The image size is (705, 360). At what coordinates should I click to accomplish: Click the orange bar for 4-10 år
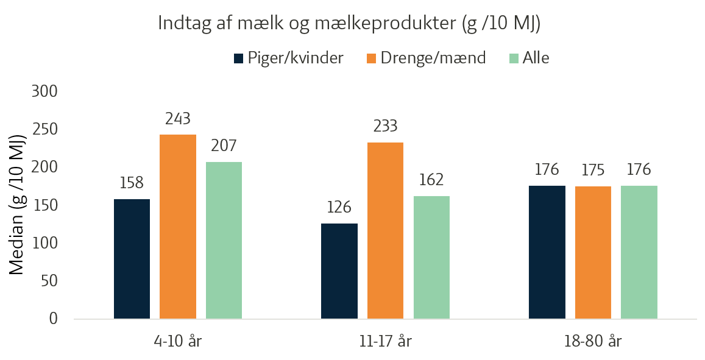pos(178,227)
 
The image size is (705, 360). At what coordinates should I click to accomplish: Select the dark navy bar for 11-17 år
pos(339,271)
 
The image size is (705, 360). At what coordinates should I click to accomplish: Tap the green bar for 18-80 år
pos(639,252)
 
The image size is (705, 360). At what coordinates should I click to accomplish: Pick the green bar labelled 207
pos(224,240)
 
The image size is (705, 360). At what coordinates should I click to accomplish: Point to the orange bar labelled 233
pos(385,231)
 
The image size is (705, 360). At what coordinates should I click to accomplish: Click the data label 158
pos(132,183)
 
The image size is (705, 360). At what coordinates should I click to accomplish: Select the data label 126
pos(339,207)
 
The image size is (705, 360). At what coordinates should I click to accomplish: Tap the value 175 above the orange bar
pos(593,171)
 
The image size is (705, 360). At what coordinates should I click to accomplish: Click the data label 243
pos(178,119)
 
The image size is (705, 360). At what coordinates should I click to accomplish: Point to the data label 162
pos(431,180)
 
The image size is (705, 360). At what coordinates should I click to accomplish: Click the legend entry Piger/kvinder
pos(289,58)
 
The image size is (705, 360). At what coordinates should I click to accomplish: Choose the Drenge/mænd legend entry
pos(427,58)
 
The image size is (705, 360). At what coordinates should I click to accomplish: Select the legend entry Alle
pos(529,58)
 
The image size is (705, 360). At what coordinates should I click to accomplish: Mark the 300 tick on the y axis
pos(44,92)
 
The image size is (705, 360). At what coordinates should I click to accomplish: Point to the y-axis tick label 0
pos(53,319)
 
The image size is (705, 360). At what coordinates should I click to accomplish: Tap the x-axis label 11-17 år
pos(385,341)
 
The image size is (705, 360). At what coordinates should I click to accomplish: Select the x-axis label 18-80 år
pos(593,341)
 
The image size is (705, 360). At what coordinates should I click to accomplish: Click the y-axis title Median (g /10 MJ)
pos(17,205)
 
